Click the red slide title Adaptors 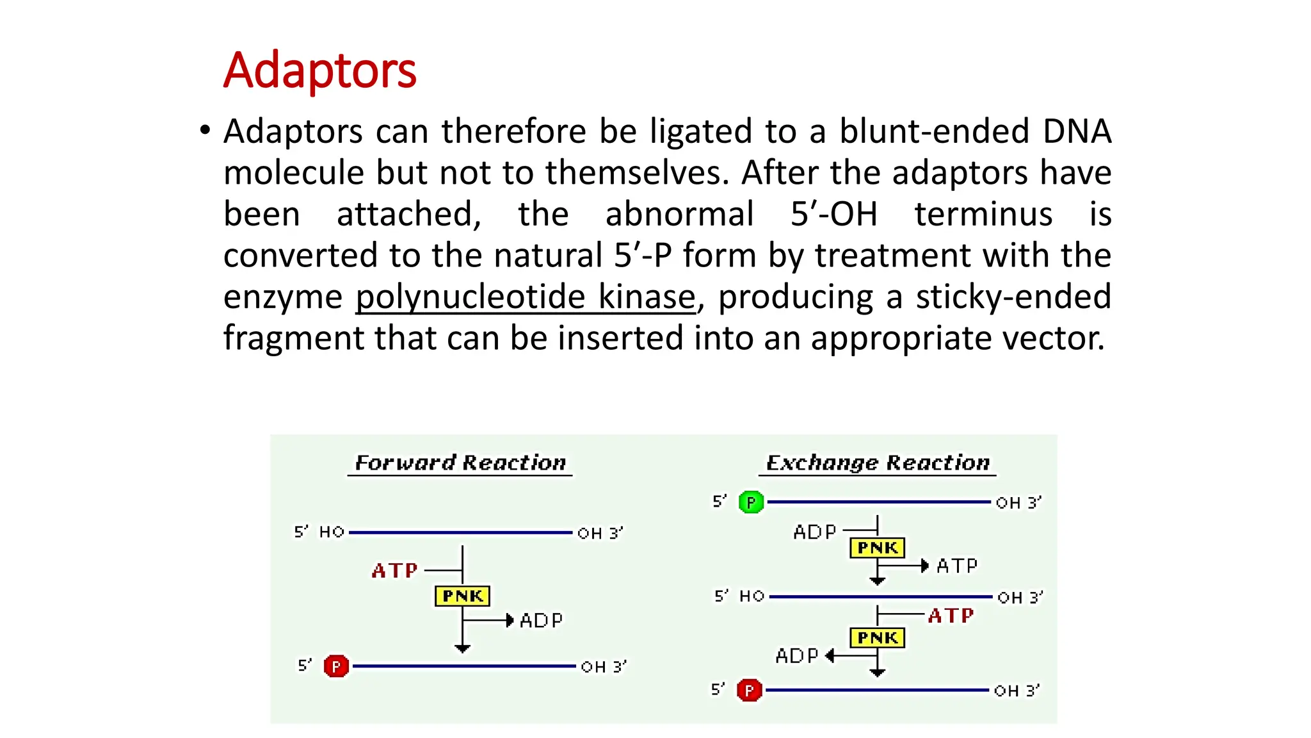click(x=319, y=70)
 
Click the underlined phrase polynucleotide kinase click(x=525, y=297)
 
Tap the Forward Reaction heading click(x=460, y=463)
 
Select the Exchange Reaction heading click(x=878, y=463)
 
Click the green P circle click(x=751, y=502)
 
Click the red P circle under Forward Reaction click(x=336, y=666)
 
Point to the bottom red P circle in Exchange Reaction click(x=749, y=691)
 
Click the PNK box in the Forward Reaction click(x=462, y=596)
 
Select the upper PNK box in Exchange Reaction click(x=877, y=548)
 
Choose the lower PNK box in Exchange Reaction click(x=877, y=638)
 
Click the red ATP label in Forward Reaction click(x=394, y=570)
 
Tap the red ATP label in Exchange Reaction click(x=951, y=616)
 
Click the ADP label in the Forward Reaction click(x=541, y=620)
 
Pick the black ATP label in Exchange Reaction click(x=957, y=566)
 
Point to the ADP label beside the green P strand click(x=814, y=532)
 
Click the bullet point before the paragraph click(x=205, y=131)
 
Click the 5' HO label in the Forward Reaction click(x=319, y=532)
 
